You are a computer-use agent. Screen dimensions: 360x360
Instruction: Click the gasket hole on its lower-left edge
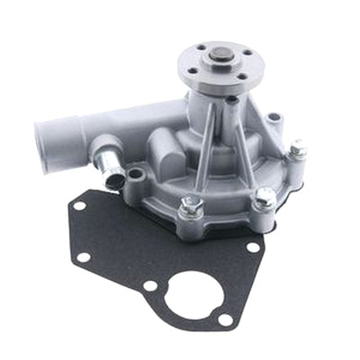click(x=84, y=256)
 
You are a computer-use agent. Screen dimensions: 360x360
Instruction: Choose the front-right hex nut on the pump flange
click(x=264, y=199)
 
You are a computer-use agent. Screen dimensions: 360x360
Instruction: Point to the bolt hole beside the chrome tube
click(x=138, y=174)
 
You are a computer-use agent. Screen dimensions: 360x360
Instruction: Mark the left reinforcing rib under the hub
click(x=204, y=135)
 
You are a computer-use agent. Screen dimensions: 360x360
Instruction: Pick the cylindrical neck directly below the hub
click(x=220, y=103)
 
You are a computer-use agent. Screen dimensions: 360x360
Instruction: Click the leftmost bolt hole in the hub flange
click(x=191, y=61)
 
